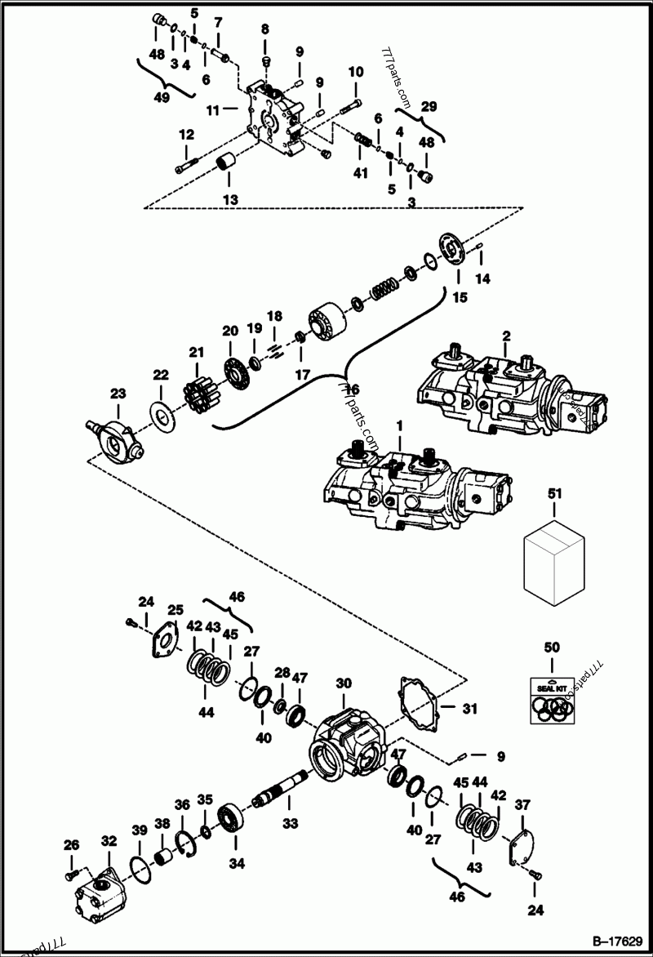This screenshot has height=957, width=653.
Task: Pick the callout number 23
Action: (x=118, y=393)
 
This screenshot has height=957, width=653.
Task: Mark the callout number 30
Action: (x=344, y=682)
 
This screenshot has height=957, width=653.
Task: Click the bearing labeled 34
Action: (x=233, y=819)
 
